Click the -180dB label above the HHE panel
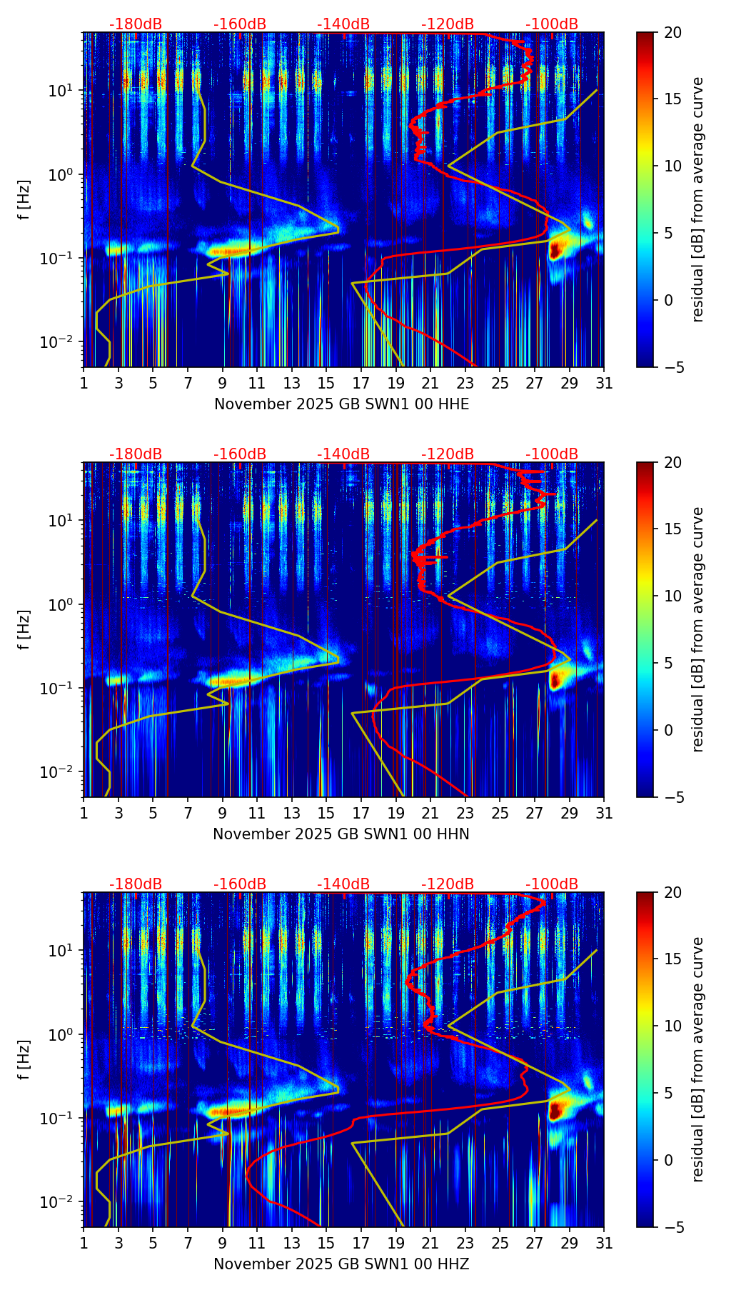pyautogui.click(x=136, y=24)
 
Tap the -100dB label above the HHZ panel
pyautogui.click(x=552, y=884)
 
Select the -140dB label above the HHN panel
pyautogui.click(x=343, y=454)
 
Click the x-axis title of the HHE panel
pyautogui.click(x=341, y=404)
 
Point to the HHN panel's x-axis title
pyautogui.click(x=341, y=834)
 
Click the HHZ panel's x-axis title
pyautogui.click(x=341, y=1264)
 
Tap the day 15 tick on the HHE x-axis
pyautogui.click(x=326, y=383)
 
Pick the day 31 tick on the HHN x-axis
pyautogui.click(x=604, y=813)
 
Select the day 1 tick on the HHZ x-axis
pyautogui.click(x=84, y=1243)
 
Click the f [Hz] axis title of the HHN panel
pyautogui.click(x=24, y=629)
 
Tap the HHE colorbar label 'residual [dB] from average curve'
pyautogui.click(x=697, y=199)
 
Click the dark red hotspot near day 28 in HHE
pyautogui.click(x=555, y=249)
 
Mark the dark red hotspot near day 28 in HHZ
pyautogui.click(x=555, y=1109)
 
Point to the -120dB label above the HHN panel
pyautogui.click(x=448, y=454)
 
